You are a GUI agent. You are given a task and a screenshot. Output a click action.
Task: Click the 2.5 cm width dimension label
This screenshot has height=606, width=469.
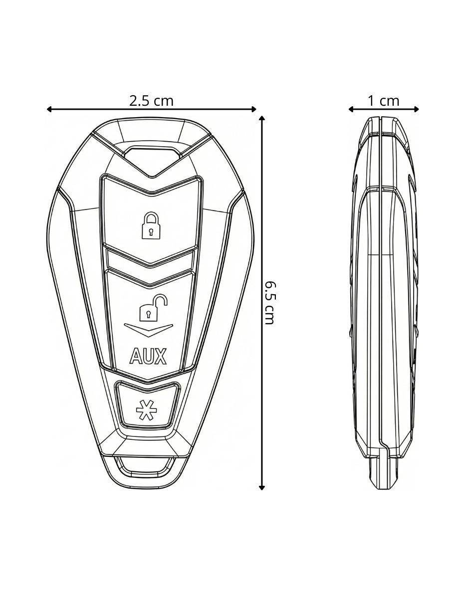(x=151, y=101)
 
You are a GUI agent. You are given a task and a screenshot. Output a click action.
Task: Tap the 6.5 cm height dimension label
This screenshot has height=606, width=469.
(x=270, y=303)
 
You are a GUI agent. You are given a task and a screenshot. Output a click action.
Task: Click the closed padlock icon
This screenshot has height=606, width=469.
(x=151, y=225)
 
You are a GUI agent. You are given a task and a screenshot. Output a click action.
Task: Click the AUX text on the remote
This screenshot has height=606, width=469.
(x=148, y=356)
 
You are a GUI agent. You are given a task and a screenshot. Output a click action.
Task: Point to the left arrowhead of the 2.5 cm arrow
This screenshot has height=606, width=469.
(x=49, y=109)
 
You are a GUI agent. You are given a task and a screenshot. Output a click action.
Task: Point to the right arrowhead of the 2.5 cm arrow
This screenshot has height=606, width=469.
(x=253, y=109)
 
